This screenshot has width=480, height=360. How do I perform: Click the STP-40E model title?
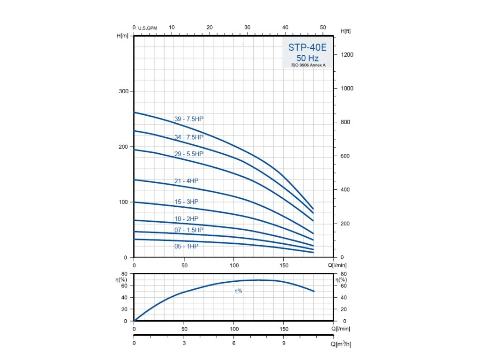307,48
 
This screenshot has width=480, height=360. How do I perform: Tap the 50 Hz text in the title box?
307,58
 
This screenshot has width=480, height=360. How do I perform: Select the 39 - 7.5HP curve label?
189,119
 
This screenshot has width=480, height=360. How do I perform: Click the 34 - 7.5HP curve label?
189,137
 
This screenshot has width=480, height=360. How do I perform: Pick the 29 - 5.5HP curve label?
189,154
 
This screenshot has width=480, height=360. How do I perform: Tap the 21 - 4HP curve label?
186,181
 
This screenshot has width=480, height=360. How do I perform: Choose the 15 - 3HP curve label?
186,202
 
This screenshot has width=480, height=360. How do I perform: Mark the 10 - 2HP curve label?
186,219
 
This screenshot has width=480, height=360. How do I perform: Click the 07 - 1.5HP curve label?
189,230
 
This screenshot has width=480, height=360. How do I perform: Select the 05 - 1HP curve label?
186,246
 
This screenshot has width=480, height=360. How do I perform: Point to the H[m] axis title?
122,36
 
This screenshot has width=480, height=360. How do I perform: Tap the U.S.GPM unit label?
147,28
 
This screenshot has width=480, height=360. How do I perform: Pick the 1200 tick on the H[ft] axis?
347,55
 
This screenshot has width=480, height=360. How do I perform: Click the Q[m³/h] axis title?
341,344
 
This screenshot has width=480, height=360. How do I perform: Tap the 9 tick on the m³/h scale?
284,343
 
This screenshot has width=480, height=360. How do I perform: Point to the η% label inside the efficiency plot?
239,291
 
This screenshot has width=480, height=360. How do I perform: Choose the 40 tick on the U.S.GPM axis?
285,27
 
